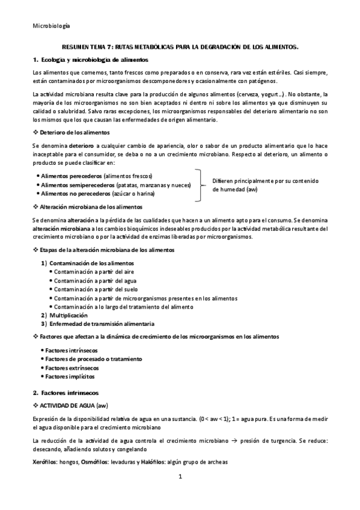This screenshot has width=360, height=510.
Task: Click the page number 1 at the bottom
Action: (x=179, y=477)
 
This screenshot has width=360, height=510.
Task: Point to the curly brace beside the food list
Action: (x=198, y=185)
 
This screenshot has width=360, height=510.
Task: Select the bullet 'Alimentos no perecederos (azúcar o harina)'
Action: (x=98, y=194)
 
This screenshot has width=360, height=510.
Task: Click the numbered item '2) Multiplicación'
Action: (x=64, y=315)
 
